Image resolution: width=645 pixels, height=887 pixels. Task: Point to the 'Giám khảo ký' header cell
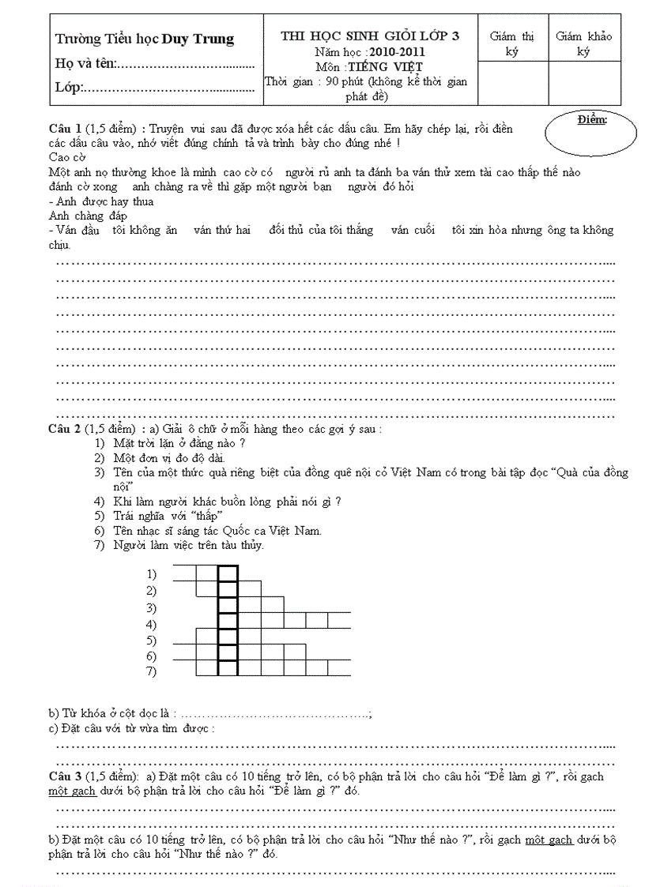coord(583,43)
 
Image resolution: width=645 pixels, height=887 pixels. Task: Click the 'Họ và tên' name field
coord(154,64)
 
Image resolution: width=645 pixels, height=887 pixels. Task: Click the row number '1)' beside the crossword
coord(151,574)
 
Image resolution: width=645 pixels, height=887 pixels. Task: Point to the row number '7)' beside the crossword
coord(151,671)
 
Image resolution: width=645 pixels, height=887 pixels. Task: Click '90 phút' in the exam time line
coord(338,82)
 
